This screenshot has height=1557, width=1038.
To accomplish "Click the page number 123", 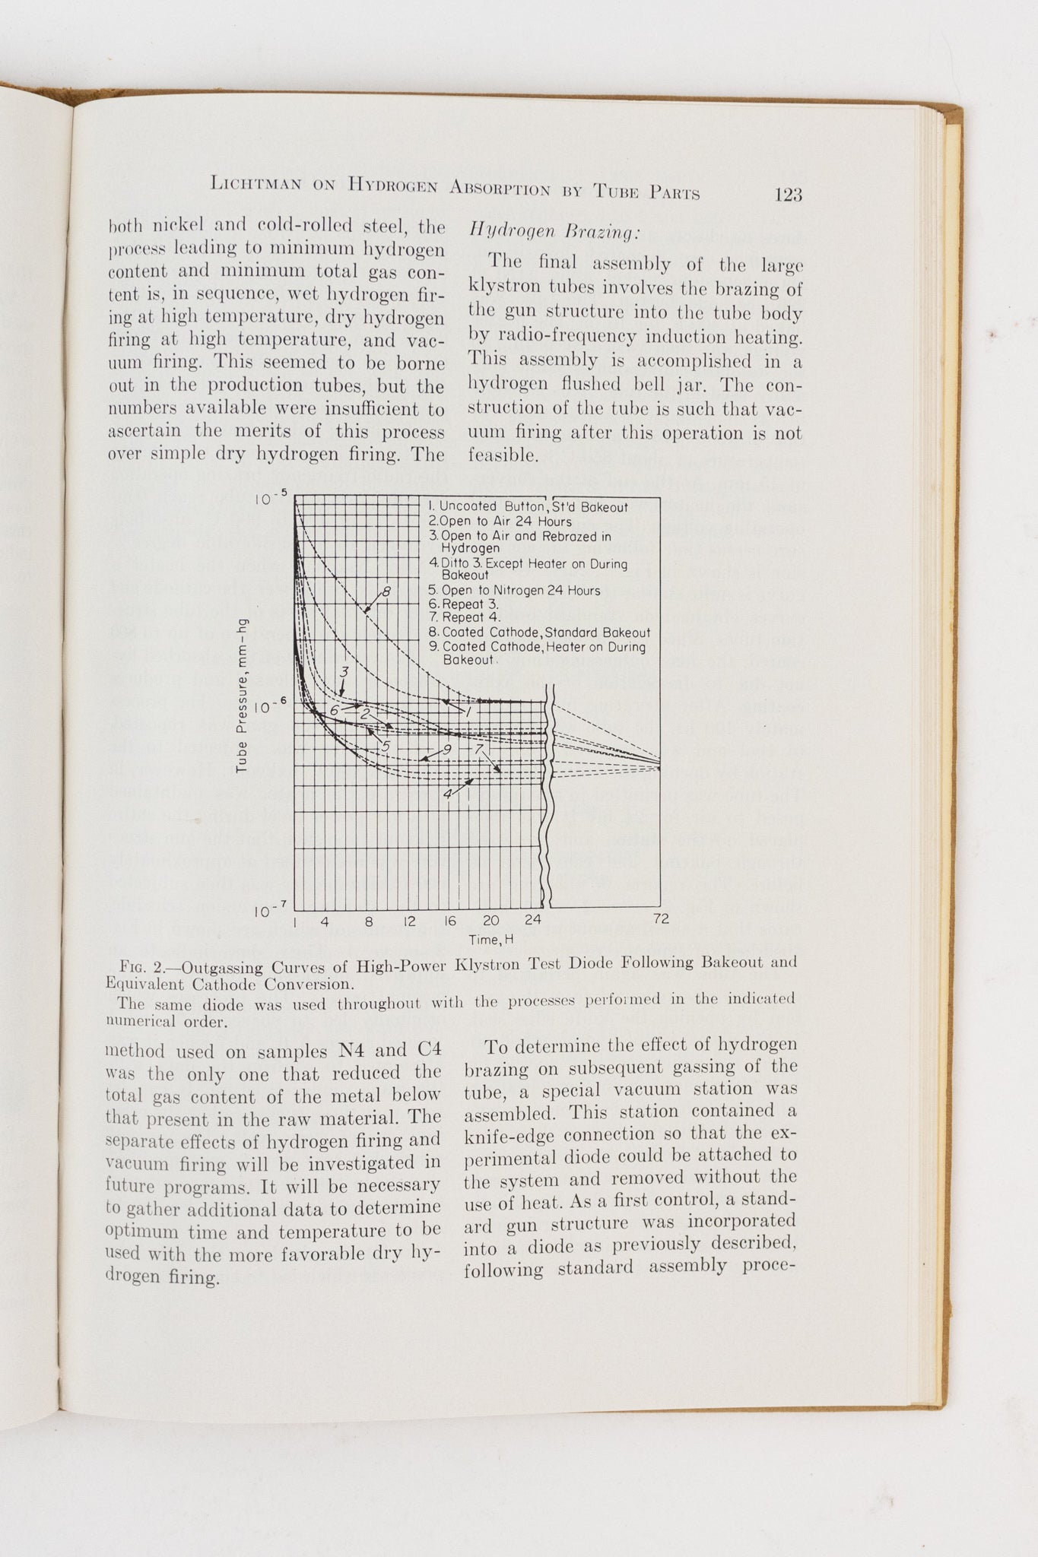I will pos(788,195).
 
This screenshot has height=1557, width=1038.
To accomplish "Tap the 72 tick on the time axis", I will pos(661,919).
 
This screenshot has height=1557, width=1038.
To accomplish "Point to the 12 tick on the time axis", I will pos(409,921).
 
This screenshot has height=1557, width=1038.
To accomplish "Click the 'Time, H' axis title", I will pos(491,940).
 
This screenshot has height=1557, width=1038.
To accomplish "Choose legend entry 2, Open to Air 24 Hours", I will pos(500,522).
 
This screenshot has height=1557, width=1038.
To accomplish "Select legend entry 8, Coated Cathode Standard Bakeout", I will pos(539,633).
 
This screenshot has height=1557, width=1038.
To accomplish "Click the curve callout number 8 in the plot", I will pos(386,591).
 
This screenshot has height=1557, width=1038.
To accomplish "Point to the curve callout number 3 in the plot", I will pos(344,672).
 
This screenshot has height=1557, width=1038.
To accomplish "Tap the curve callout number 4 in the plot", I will pos(449,793).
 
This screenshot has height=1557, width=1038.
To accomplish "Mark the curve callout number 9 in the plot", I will pos(447,750).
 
